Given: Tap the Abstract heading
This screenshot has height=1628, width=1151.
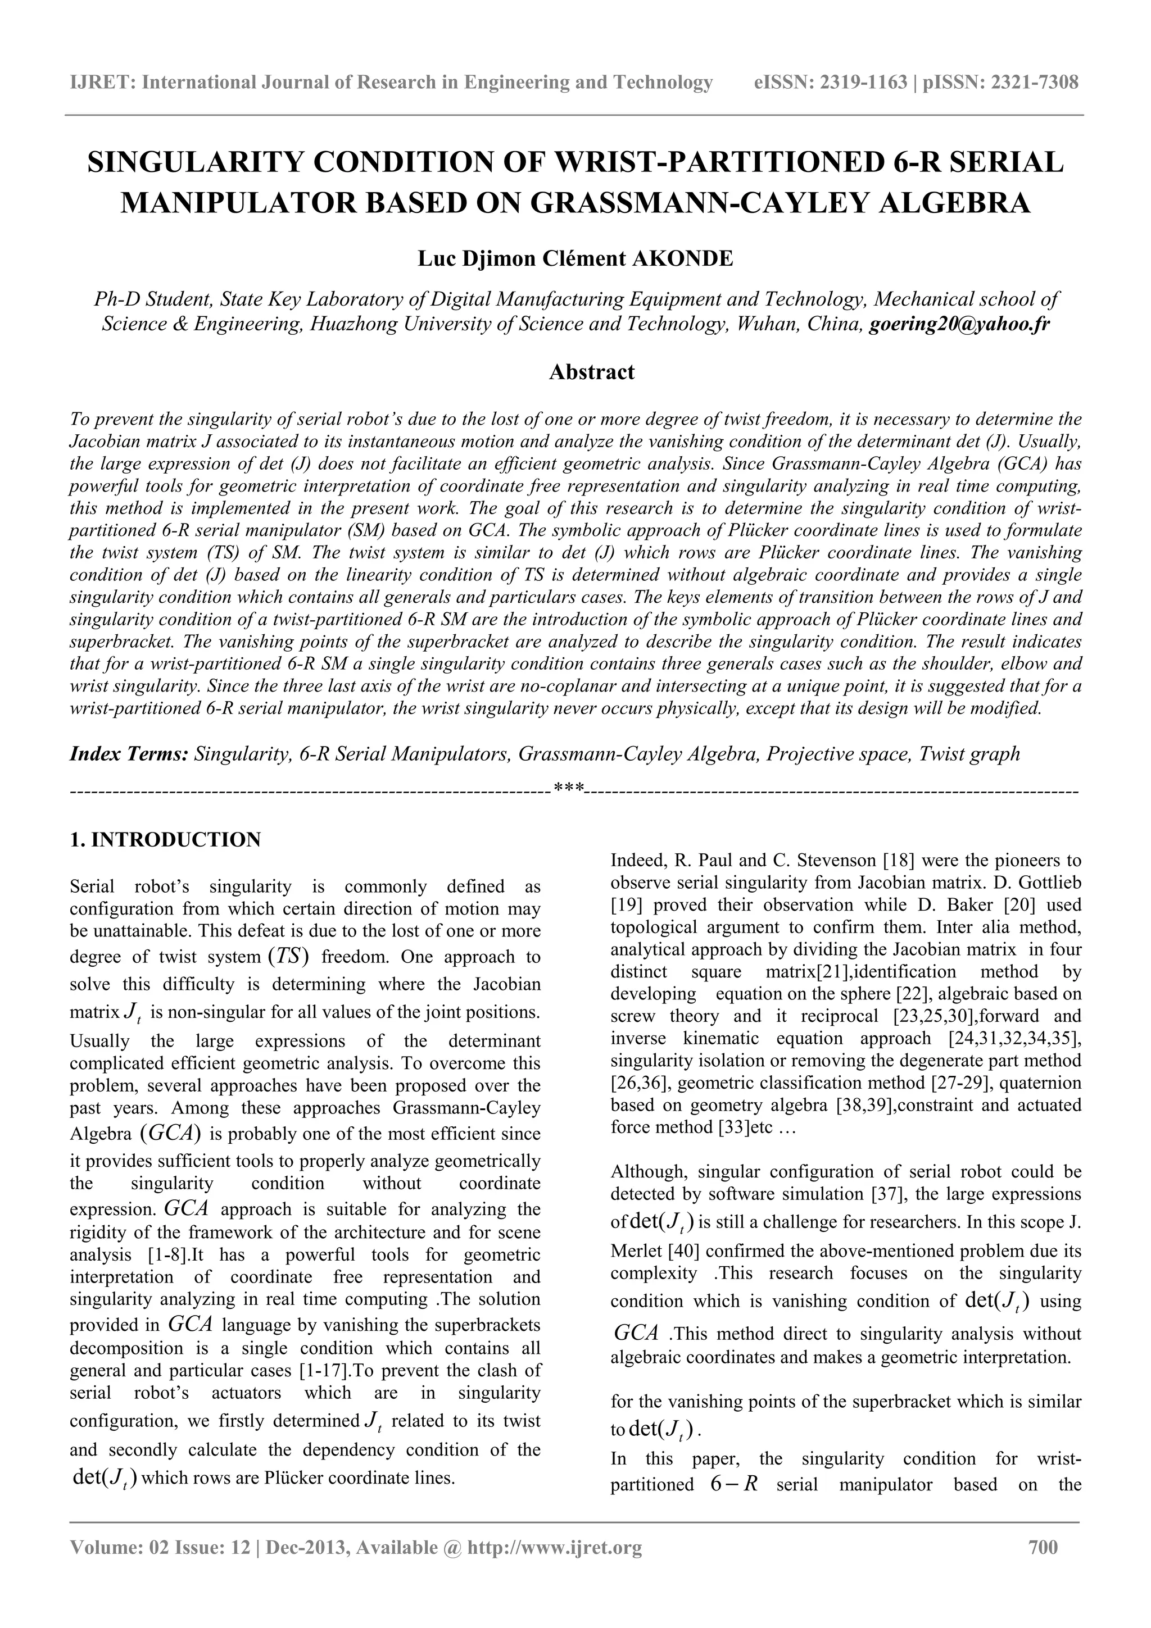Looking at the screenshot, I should pyautogui.click(x=591, y=371).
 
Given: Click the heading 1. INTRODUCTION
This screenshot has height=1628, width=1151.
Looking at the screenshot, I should pyautogui.click(x=165, y=839).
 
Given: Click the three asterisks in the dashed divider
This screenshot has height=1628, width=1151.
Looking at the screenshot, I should pyautogui.click(x=569, y=787).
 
